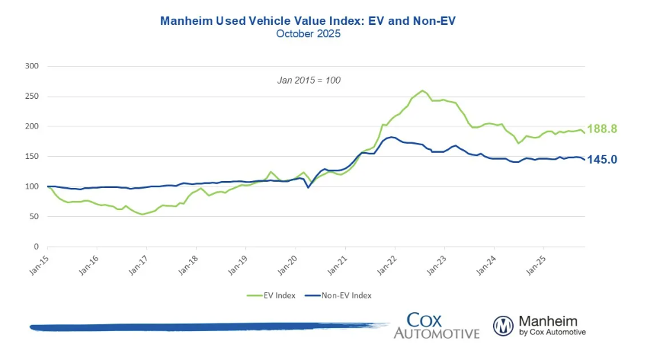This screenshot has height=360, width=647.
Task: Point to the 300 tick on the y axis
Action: click(x=30, y=66)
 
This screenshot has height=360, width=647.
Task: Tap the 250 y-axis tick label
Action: click(x=30, y=96)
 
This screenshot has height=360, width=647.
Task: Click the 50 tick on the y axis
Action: click(x=32, y=216)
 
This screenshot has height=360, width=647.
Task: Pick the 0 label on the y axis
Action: click(x=35, y=247)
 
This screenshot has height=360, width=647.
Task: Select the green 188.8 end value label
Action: click(x=602, y=129)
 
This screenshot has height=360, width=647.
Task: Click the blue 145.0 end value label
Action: click(x=602, y=160)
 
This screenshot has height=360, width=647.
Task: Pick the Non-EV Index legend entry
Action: click(x=345, y=296)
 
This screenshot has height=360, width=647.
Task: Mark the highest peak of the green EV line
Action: click(x=423, y=91)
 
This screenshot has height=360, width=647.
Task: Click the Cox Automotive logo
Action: click(x=436, y=325)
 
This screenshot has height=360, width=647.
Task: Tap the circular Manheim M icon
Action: click(x=503, y=325)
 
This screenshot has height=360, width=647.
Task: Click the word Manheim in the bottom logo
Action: click(x=547, y=321)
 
